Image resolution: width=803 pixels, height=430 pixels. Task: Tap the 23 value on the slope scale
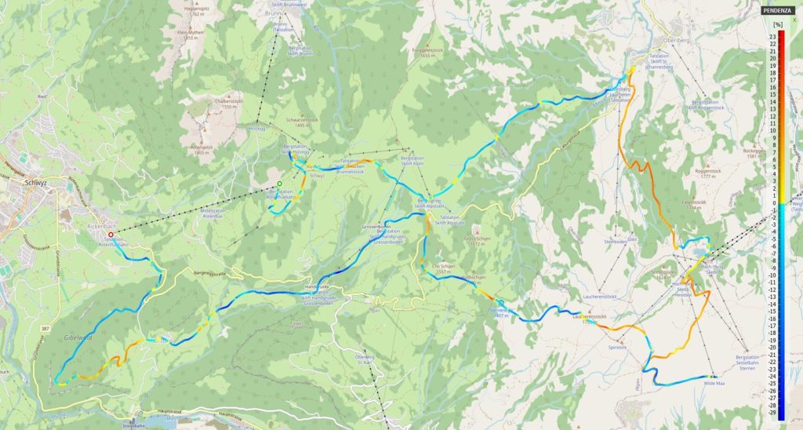[772, 37]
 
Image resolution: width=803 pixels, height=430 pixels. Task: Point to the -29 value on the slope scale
[772, 412]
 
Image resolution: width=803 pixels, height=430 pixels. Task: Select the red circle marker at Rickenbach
[111, 234]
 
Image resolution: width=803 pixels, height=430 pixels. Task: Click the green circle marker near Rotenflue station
[279, 184]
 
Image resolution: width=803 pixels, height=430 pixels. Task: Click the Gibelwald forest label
[76, 335]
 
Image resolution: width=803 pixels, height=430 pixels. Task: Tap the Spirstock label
[618, 346]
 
